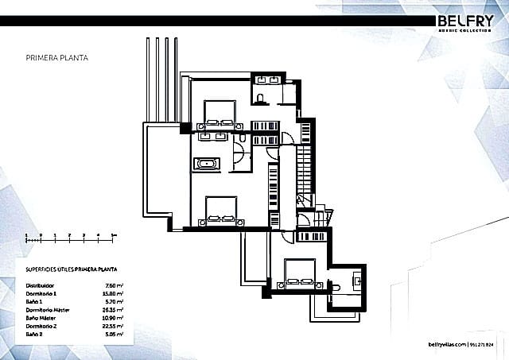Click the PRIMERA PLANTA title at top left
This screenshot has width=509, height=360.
click(57, 58)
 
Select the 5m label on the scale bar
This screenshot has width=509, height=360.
click(113, 235)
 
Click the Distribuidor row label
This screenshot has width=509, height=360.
click(41, 284)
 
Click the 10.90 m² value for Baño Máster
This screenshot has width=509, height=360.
click(113, 316)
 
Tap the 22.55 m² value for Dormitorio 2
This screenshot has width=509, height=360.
click(113, 324)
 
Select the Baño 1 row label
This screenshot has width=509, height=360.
click(35, 300)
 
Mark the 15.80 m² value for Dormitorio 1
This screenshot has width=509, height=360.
click(113, 292)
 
